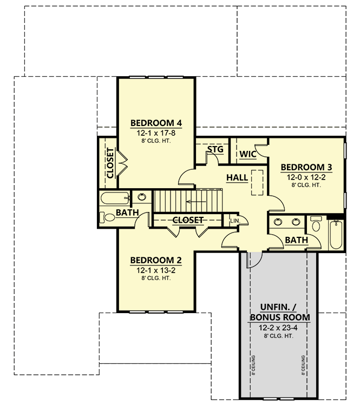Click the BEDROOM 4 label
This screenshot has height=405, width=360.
pyautogui.click(x=156, y=123)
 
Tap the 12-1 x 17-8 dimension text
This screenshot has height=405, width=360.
pyautogui.click(x=156, y=132)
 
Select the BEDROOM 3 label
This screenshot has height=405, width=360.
pyautogui.click(x=306, y=167)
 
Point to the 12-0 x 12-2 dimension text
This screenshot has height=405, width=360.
pyautogui.click(x=306, y=176)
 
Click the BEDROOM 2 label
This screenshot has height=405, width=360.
pyautogui.click(x=156, y=261)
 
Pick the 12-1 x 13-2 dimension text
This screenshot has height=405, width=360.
pyautogui.click(x=156, y=270)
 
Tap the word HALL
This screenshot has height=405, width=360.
pyautogui.click(x=237, y=177)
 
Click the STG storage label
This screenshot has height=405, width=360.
pyautogui.click(x=215, y=149)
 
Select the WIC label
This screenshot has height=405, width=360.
pyautogui.click(x=248, y=154)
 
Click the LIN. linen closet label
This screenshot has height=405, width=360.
pyautogui.click(x=234, y=221)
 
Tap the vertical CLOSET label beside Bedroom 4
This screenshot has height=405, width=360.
pyautogui.click(x=110, y=163)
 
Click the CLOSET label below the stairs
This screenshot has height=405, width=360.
pyautogui.click(x=188, y=220)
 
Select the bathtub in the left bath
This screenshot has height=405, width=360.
pyautogui.click(x=114, y=198)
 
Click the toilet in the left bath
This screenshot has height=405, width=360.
pyautogui.click(x=106, y=217)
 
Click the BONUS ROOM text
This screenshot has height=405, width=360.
pyautogui.click(x=279, y=317)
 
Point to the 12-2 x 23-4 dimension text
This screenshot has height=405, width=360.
pyautogui.click(x=279, y=328)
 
